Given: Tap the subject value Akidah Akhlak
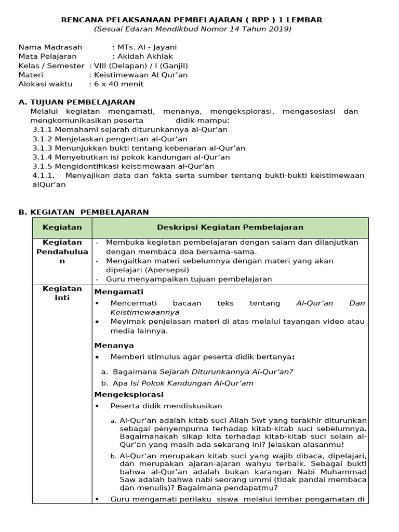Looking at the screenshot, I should pyautogui.click(x=145, y=57).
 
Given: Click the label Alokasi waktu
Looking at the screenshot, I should pyautogui.click(x=46, y=84).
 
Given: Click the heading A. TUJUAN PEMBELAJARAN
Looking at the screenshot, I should pyautogui.click(x=76, y=102).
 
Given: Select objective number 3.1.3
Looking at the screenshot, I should pyautogui.click(x=43, y=148).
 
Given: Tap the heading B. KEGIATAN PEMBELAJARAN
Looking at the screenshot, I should pyautogui.click(x=84, y=212).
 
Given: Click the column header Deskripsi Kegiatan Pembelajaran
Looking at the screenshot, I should pyautogui.click(x=230, y=228).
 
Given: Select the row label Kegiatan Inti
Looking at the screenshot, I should pyautogui.click(x=62, y=294).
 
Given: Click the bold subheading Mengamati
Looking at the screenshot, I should pyautogui.click(x=118, y=292).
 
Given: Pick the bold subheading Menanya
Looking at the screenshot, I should pyautogui.click(x=114, y=345).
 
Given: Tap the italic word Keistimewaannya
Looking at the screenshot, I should pyautogui.click(x=144, y=312).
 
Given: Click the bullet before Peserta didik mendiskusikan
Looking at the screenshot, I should pyautogui.click(x=98, y=406).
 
